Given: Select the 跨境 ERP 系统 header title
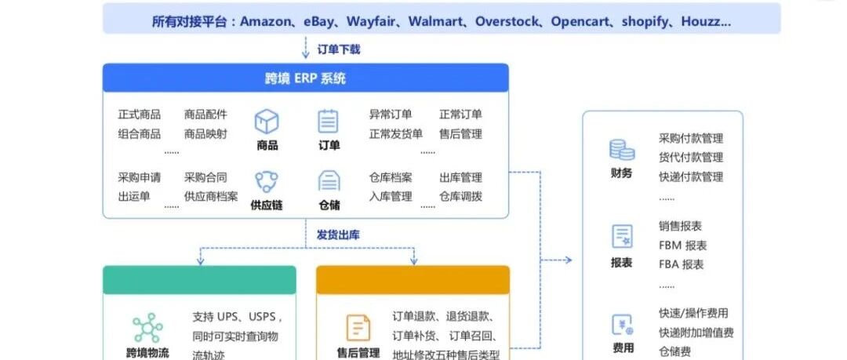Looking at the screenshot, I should [305, 78].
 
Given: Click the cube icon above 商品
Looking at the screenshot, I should [267, 122].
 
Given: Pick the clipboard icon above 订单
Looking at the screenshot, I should [329, 122].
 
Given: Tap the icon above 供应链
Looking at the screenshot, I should [267, 182].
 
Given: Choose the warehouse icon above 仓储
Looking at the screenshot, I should [329, 181].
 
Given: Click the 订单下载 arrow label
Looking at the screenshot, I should [338, 49].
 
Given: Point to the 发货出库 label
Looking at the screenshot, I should [338, 234].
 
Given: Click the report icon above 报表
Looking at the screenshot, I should [622, 236].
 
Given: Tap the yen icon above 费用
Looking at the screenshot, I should [622, 324].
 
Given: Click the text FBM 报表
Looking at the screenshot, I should [682, 245].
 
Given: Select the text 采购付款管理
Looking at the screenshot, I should [691, 139].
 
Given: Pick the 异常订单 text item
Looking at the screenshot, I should [391, 115].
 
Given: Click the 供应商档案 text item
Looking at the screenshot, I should [211, 196].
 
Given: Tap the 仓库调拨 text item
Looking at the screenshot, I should [460, 196].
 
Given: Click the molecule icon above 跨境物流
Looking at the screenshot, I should [147, 327].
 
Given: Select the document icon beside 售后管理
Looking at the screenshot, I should [358, 328].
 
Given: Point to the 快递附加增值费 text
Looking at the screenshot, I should [696, 333].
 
